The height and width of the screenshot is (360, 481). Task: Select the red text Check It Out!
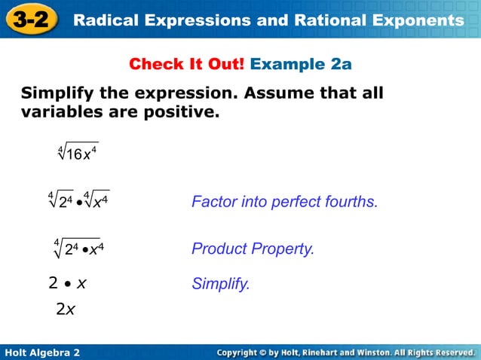point(187,64)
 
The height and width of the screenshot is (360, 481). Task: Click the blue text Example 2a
point(301,64)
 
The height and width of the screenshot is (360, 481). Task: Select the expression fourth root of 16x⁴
point(78,153)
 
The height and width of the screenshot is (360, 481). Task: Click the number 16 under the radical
point(74,154)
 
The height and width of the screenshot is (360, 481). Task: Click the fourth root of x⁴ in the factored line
point(97,201)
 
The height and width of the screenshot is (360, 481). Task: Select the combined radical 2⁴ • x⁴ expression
point(78,248)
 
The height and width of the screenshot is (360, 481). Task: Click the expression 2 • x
point(67,283)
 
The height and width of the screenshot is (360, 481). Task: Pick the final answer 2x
point(65,310)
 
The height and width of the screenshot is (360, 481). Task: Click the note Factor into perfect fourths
point(284,202)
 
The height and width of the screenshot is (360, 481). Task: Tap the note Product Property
point(253,249)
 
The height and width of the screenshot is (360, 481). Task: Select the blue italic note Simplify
point(220,284)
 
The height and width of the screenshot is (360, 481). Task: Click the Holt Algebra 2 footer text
point(42,352)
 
